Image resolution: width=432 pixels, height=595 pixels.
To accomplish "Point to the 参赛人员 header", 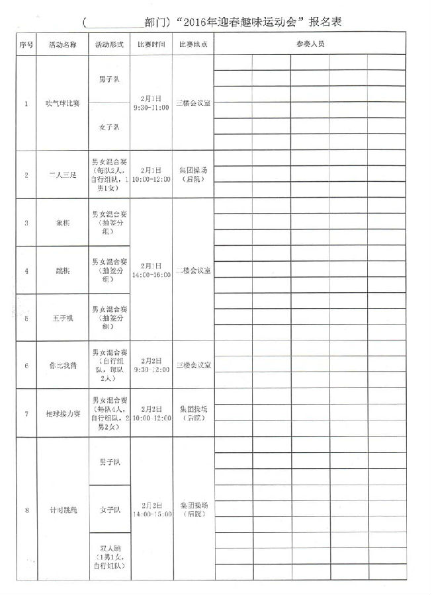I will click(x=310, y=44).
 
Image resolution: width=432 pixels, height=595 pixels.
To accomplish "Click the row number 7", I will click(x=26, y=414).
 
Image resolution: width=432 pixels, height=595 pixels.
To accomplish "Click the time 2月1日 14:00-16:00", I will click(x=151, y=270).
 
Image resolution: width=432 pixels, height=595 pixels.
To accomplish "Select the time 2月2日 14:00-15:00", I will click(x=151, y=509).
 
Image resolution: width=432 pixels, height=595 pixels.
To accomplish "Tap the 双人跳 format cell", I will click(x=109, y=557).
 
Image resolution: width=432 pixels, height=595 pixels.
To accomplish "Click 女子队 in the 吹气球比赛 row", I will click(x=109, y=126).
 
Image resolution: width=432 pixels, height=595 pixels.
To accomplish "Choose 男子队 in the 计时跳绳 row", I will click(x=109, y=461).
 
